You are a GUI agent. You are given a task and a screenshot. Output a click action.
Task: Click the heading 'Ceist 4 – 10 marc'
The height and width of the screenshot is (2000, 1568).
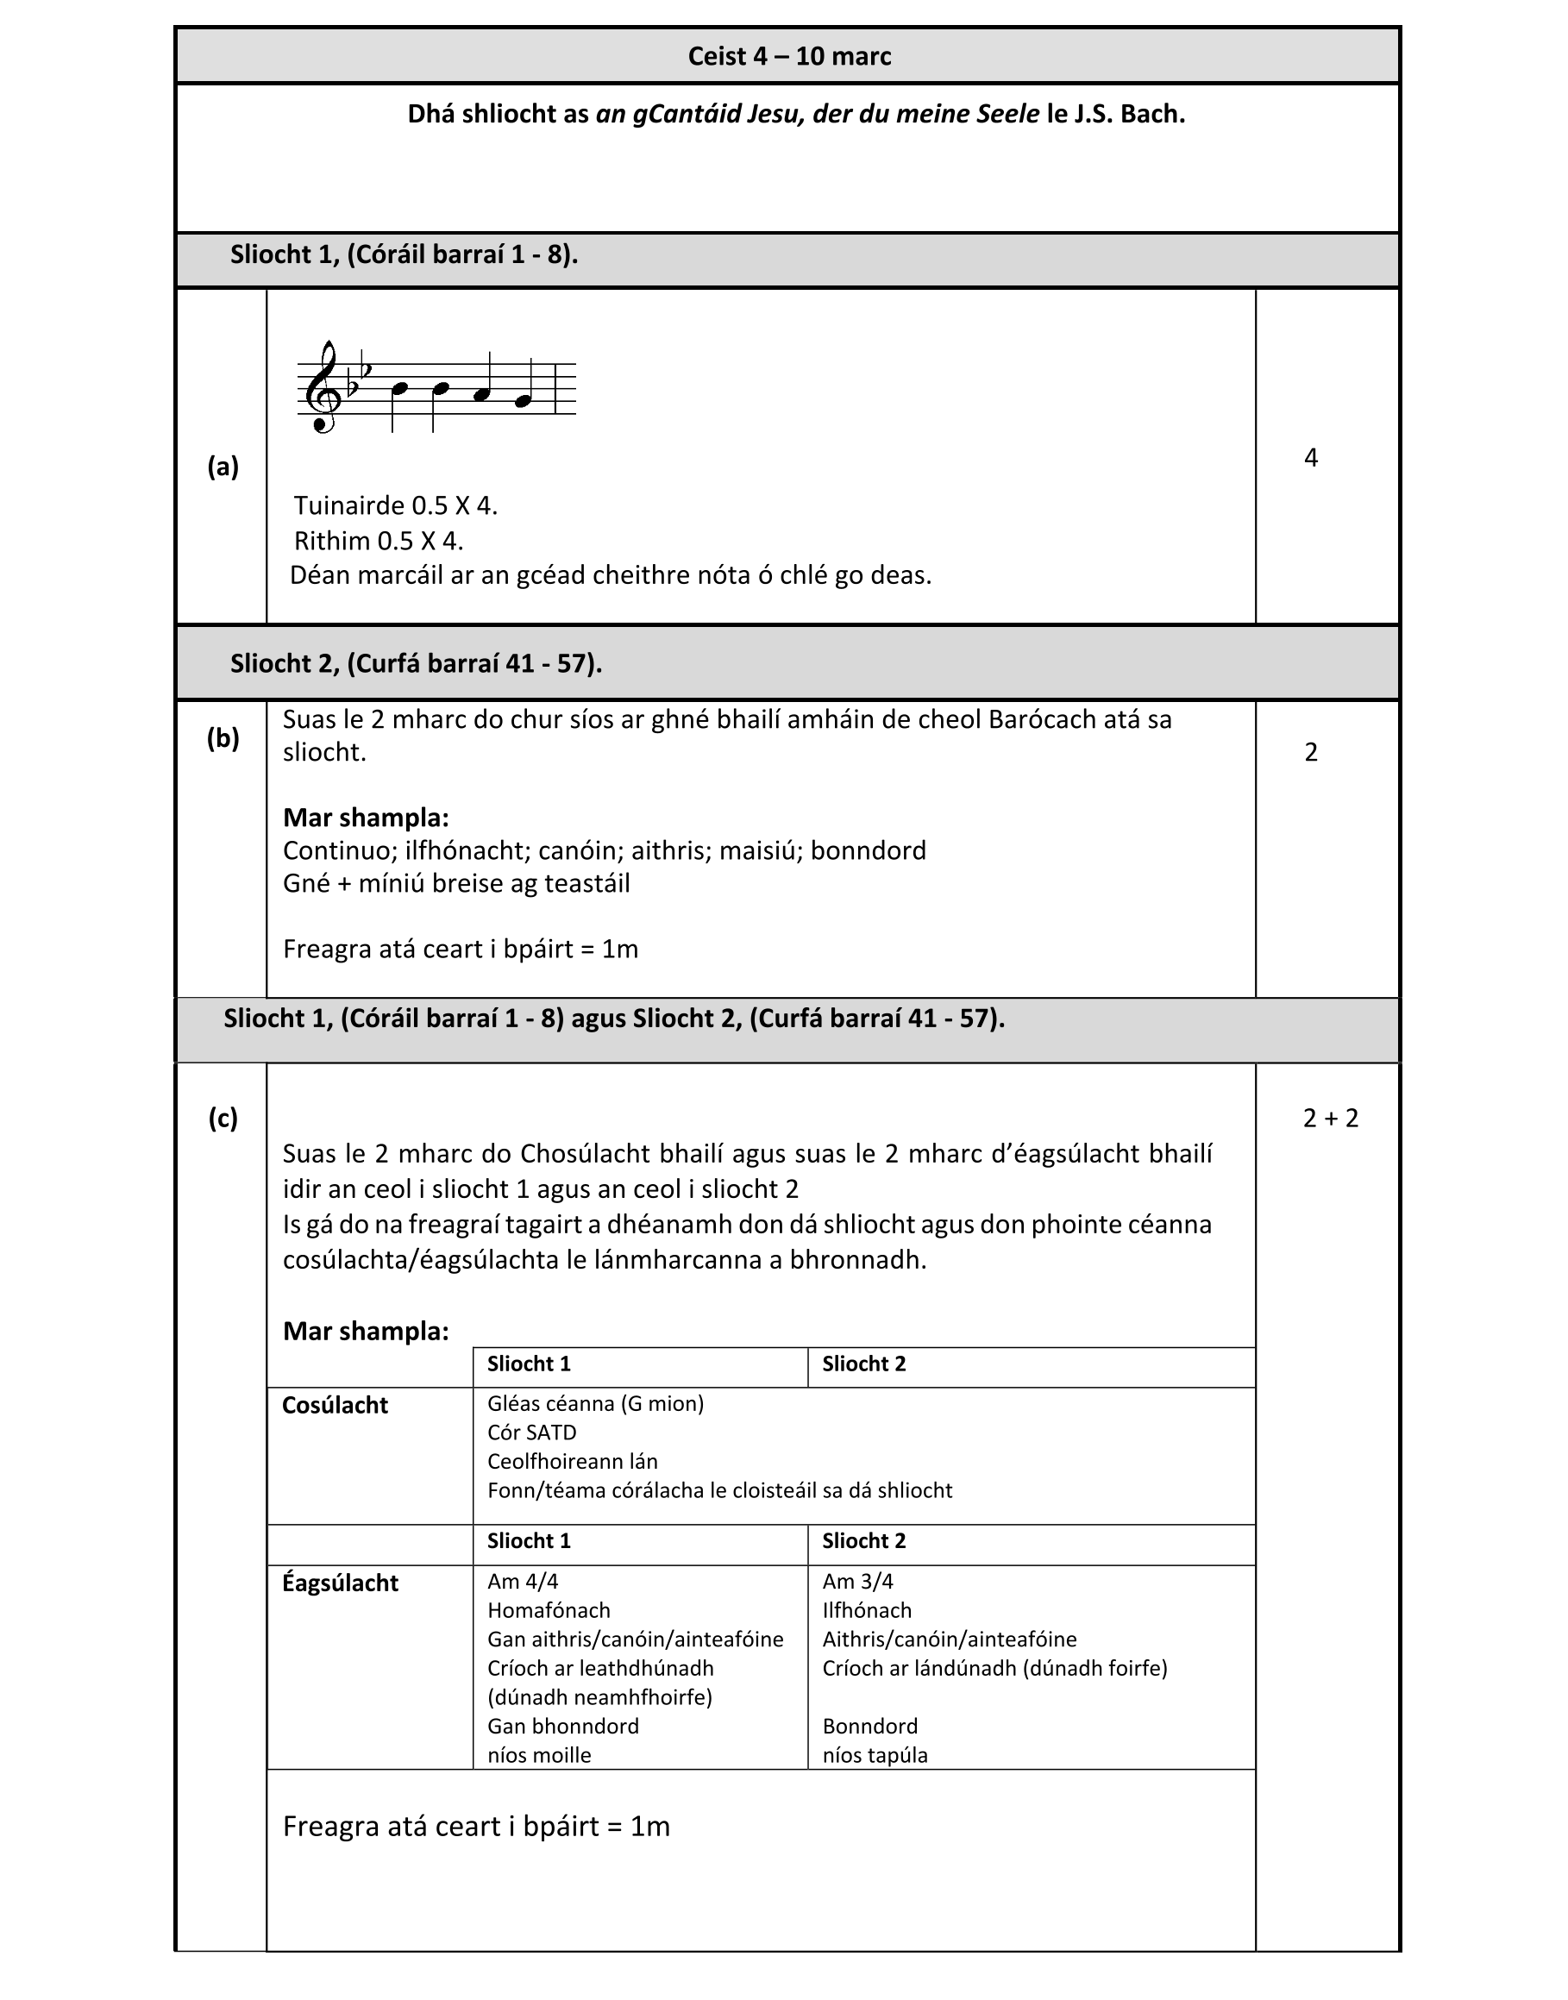coord(788,57)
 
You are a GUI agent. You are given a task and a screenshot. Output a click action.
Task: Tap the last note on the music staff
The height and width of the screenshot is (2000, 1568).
coord(524,400)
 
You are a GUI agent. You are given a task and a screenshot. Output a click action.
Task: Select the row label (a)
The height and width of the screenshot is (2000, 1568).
coord(223,467)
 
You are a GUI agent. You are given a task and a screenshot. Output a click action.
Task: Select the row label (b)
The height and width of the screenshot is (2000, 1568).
coord(223,738)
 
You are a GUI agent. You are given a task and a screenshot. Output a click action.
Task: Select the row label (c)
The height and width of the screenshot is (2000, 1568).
coord(223,1118)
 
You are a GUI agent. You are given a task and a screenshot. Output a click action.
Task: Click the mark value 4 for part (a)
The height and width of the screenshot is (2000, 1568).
coord(1311,457)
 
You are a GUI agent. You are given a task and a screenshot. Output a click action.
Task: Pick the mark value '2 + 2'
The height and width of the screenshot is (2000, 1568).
coord(1330,1118)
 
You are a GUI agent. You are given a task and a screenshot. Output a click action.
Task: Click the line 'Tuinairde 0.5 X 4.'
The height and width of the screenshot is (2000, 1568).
coord(396,505)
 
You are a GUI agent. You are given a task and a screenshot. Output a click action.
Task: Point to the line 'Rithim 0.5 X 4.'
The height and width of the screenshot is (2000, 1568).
coord(379,541)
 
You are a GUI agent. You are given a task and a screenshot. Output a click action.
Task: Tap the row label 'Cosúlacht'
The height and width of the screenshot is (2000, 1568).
coord(336,1405)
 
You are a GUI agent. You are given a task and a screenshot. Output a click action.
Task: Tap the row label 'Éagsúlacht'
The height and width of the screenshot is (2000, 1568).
coord(340,1583)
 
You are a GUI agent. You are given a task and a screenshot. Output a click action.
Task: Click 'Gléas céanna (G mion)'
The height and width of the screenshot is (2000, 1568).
coord(596,1403)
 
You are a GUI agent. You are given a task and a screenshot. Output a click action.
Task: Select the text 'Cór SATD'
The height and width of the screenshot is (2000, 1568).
coord(531,1433)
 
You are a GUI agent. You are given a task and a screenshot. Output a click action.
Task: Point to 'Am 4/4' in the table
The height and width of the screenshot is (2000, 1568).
coord(523,1582)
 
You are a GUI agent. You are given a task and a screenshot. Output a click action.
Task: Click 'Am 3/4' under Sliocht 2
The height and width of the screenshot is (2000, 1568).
coord(857,1582)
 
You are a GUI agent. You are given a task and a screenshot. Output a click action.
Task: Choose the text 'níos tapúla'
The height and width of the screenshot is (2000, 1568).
coord(875,1756)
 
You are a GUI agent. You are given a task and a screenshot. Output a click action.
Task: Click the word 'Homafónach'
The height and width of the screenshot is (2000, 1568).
coord(549,1611)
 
